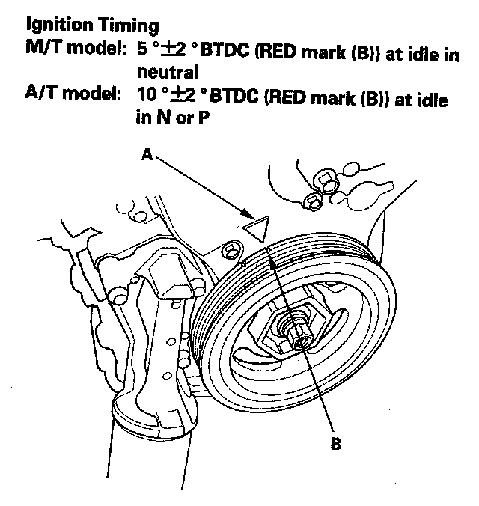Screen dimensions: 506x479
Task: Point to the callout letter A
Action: click(148, 156)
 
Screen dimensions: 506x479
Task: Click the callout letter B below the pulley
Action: click(336, 443)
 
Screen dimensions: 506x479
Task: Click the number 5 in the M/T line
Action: click(140, 55)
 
